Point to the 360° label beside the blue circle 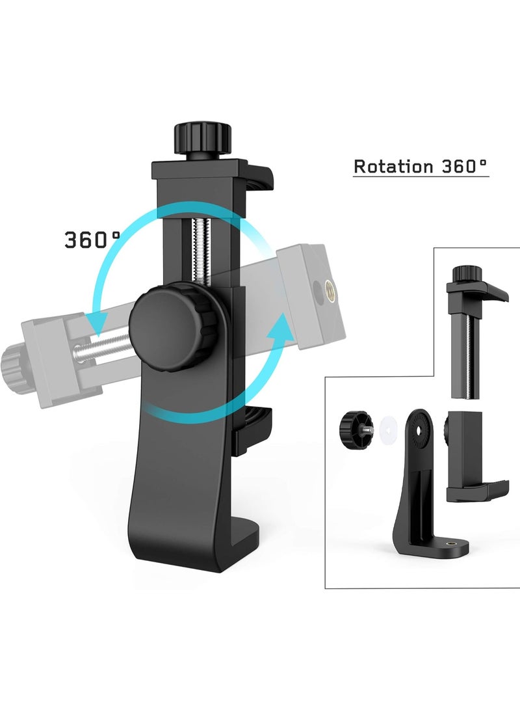(x=92, y=239)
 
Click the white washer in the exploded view (x=389, y=428)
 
